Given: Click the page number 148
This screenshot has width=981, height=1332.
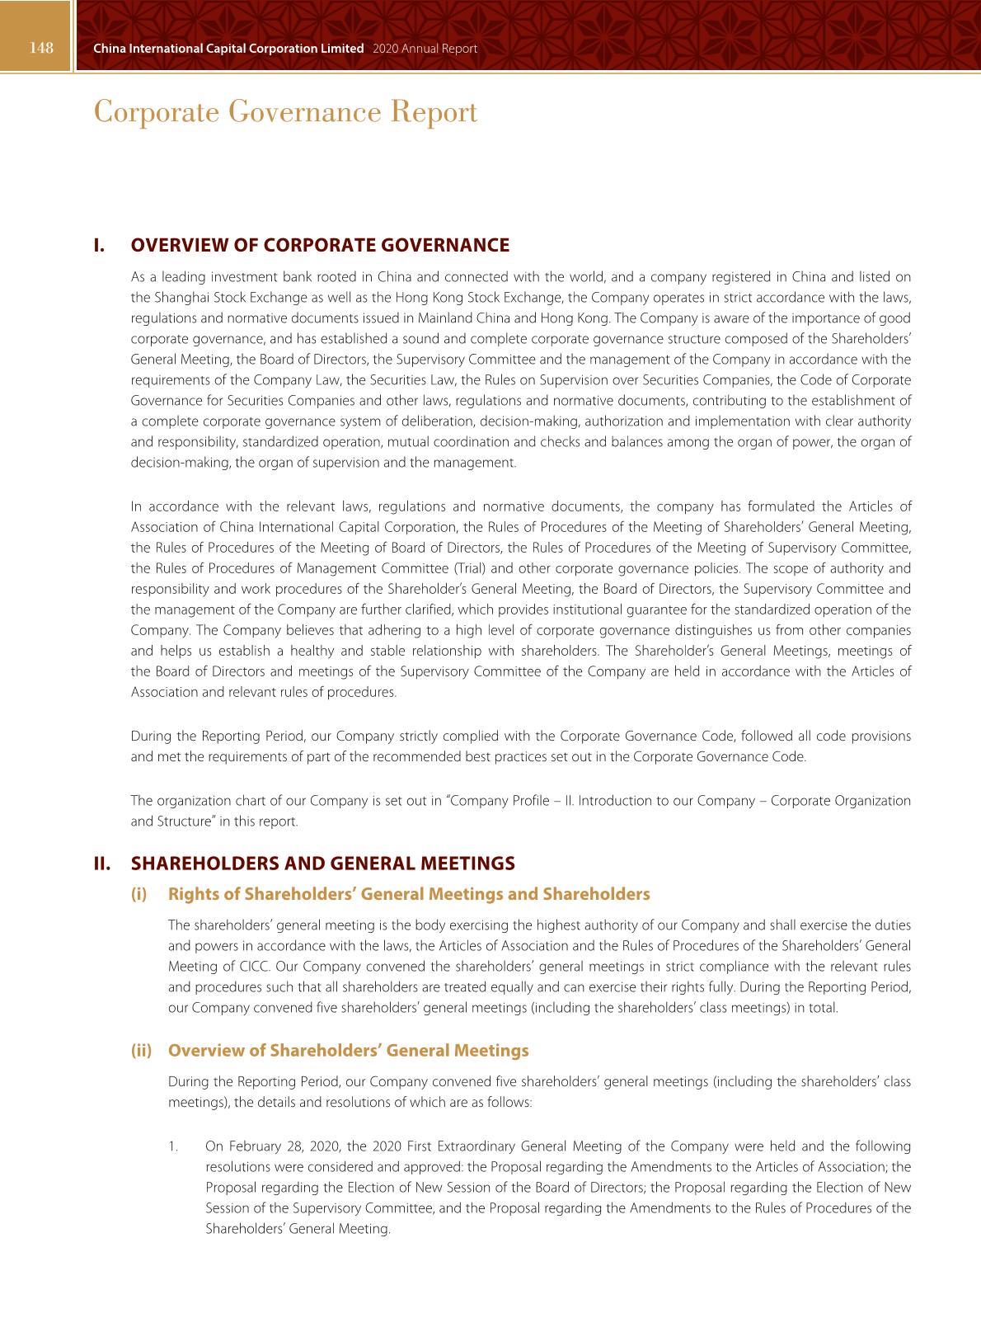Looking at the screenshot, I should click(x=41, y=48).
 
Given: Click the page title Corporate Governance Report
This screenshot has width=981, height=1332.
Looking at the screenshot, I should click(x=285, y=112).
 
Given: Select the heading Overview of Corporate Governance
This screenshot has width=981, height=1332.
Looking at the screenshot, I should click(x=320, y=245).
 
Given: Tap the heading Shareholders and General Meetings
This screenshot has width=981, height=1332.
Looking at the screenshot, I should click(x=323, y=864).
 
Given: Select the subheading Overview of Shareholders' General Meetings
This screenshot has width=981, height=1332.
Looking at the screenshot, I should click(x=348, y=1051).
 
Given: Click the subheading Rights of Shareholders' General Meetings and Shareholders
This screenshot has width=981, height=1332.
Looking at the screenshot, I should click(x=409, y=894).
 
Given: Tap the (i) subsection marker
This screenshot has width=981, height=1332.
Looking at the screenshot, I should click(x=138, y=894).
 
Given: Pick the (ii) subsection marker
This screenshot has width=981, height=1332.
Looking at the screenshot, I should click(x=141, y=1051).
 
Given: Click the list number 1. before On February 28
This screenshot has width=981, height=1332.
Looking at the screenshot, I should click(x=173, y=1146).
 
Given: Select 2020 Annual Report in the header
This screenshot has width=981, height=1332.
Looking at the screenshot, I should click(x=425, y=49).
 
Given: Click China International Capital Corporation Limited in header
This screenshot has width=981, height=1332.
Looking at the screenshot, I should click(x=228, y=49).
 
